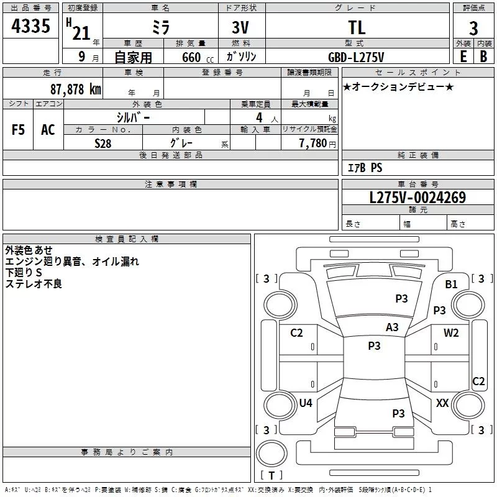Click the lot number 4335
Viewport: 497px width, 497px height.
click(30, 26)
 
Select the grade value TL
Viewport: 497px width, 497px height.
click(357, 27)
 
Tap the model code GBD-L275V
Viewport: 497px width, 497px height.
click(356, 57)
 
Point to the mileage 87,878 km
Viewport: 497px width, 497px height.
click(76, 89)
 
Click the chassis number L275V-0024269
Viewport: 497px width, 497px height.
click(417, 198)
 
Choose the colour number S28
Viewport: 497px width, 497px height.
click(103, 144)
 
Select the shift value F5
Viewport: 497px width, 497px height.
click(18, 130)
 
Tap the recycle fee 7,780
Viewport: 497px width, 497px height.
click(313, 144)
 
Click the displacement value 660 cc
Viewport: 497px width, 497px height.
click(198, 58)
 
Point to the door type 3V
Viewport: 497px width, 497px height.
click(240, 27)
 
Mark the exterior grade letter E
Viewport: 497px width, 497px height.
click(463, 57)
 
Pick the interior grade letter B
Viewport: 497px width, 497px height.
click(483, 57)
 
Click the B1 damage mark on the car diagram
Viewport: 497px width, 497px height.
click(451, 285)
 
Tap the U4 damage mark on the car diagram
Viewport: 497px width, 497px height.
click(306, 403)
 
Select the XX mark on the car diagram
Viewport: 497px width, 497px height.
click(442, 403)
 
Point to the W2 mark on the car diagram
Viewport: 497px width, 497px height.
click(451, 332)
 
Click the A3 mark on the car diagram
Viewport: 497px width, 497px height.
click(392, 327)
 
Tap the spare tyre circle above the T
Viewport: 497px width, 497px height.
click(271, 454)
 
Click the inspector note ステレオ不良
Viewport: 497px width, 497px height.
click(34, 284)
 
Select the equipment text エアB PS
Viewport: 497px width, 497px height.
click(365, 168)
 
